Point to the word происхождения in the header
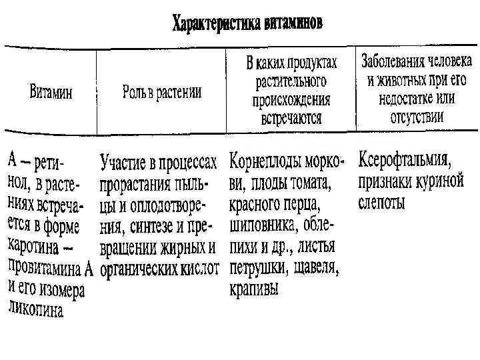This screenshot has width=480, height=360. [291, 101]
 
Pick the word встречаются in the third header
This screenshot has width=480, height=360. [291, 119]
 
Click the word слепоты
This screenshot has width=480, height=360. [382, 202]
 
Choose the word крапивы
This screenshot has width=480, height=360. [254, 289]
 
